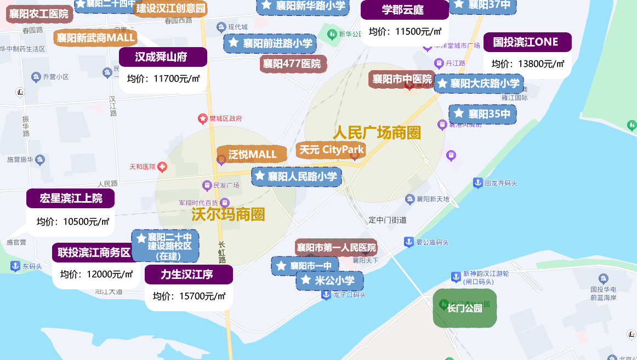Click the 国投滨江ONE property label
tap(527, 42)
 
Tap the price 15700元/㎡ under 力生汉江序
tap(189, 296)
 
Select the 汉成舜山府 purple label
tap(163, 57)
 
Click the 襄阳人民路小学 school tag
tap(297, 176)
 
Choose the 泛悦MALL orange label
tap(252, 155)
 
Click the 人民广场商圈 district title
tap(377, 133)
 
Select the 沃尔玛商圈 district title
tap(228, 214)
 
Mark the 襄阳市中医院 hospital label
tap(402, 79)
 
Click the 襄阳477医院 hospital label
tap(292, 64)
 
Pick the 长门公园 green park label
tap(464, 308)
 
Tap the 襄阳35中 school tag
tap(482, 114)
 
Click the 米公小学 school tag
tap(329, 281)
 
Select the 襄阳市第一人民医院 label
tap(337, 248)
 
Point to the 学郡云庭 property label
tap(403, 10)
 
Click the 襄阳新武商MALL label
tap(95, 38)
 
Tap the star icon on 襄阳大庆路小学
tap(442, 84)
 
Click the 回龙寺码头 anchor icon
tap(477, 183)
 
